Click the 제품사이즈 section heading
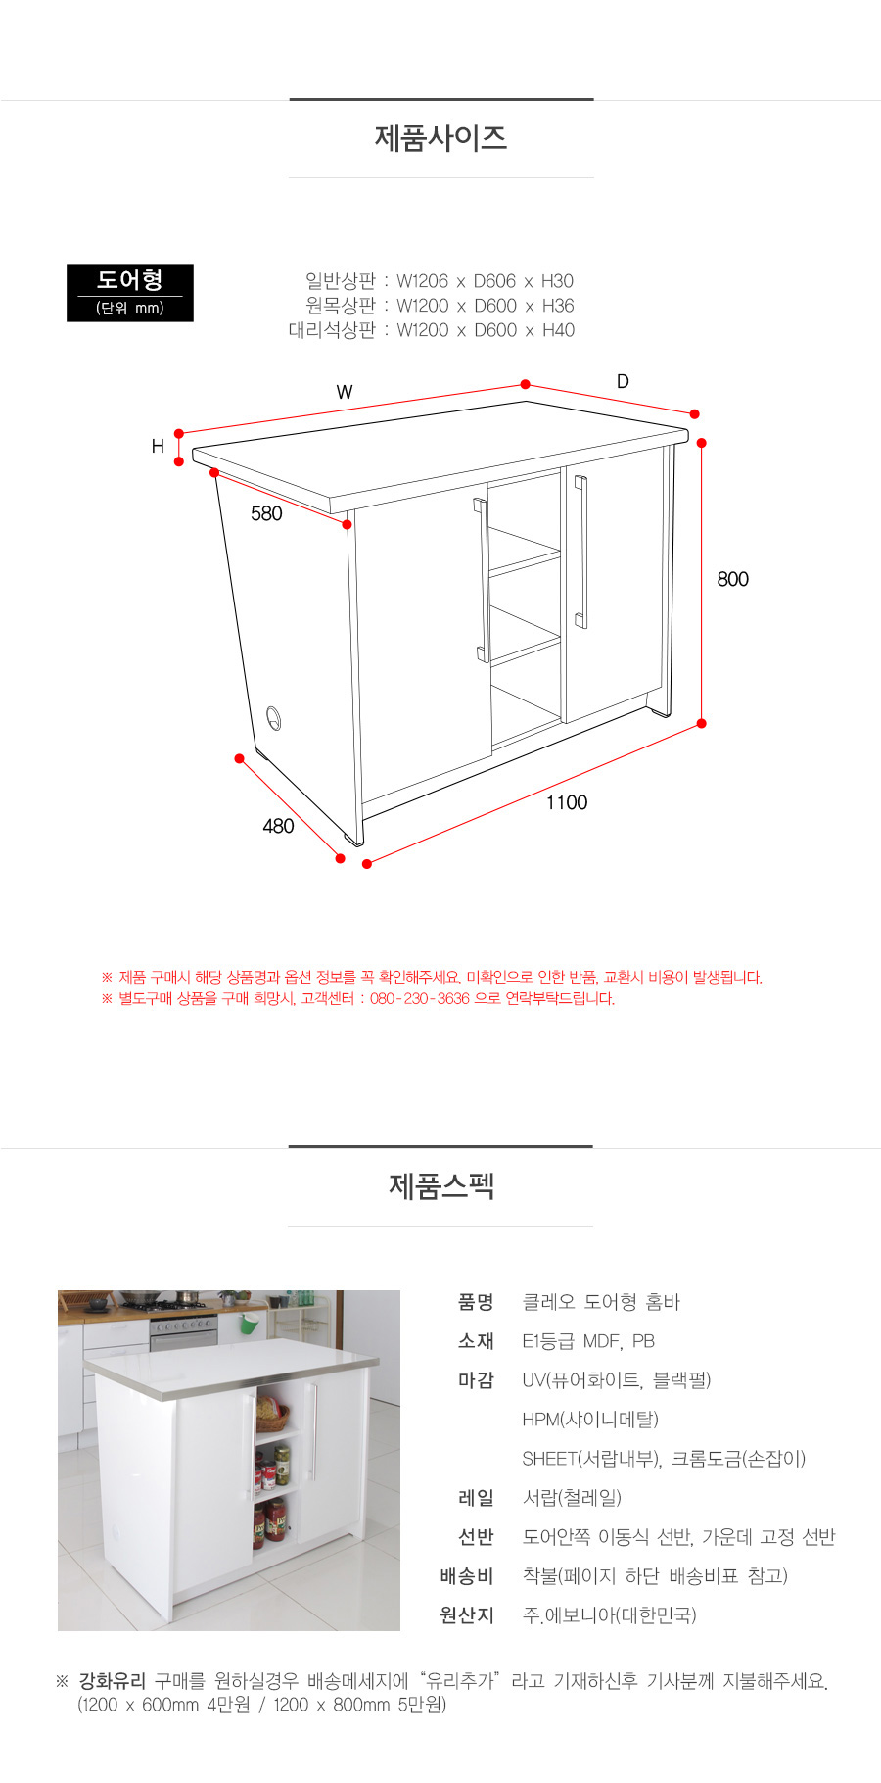440,138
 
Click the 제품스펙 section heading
440,1186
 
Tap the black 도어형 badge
130,292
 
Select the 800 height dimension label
732,579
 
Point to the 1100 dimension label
567,802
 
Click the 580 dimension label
266,513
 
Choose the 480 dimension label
278,826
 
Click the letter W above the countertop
345,392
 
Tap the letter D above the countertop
623,381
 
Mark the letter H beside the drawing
158,447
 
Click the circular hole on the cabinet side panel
273,717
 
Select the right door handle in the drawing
580,552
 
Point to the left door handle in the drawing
482,580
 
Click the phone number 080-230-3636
419,999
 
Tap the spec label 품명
476,1302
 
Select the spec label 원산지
467,1615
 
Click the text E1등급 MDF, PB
588,1341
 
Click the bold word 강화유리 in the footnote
113,1681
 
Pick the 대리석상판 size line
431,330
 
